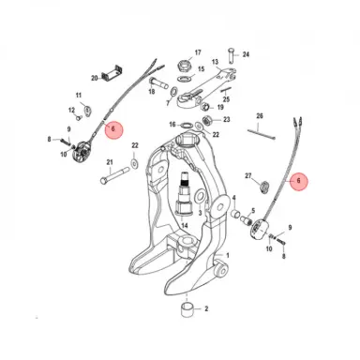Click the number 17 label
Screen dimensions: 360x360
pyautogui.click(x=198, y=52)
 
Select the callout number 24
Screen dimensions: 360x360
pyautogui.click(x=246, y=55)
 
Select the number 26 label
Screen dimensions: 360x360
pyautogui.click(x=260, y=116)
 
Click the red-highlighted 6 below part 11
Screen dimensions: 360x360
pyautogui.click(x=113, y=130)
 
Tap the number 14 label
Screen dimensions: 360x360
pyautogui.click(x=186, y=225)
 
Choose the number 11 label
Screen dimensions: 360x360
pyautogui.click(x=79, y=97)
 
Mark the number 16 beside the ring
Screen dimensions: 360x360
pyautogui.click(x=172, y=124)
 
